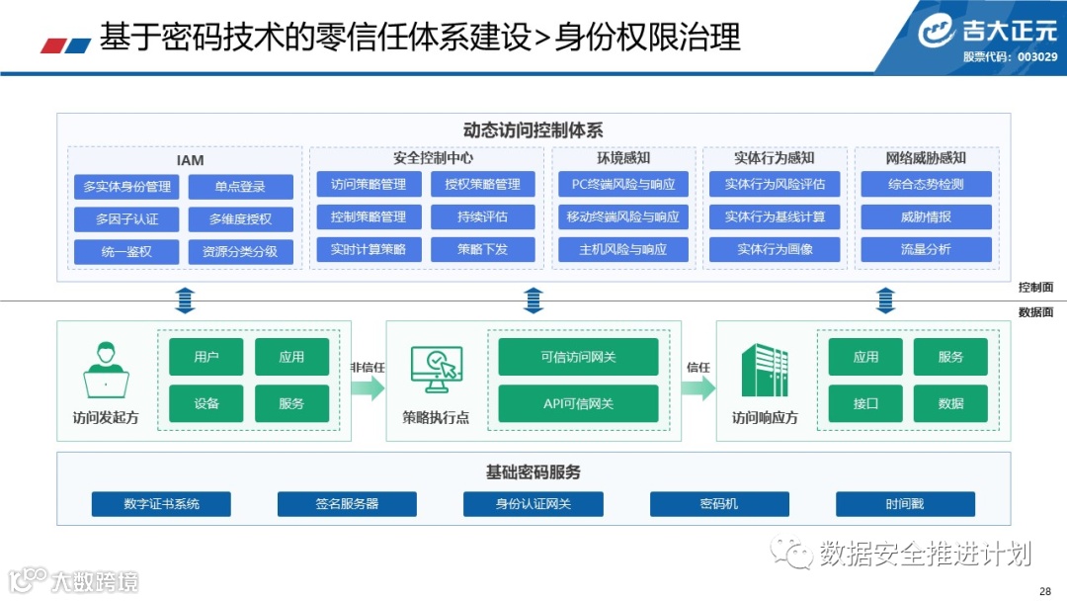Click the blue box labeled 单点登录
point(241,187)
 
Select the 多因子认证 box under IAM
point(126,218)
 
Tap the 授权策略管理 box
point(482,184)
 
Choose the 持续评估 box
point(482,216)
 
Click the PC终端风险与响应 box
point(622,184)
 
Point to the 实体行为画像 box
point(775,249)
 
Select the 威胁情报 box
point(926,216)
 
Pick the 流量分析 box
point(926,249)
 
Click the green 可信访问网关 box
point(578,357)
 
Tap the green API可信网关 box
point(578,403)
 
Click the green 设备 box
point(206,403)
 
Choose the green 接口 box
point(865,403)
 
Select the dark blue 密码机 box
point(718,504)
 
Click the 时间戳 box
point(905,504)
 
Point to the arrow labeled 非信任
point(368,387)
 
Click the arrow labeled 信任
point(698,387)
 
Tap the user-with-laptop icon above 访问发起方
point(106,370)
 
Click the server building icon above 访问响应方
point(765,370)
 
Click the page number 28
point(1045,590)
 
